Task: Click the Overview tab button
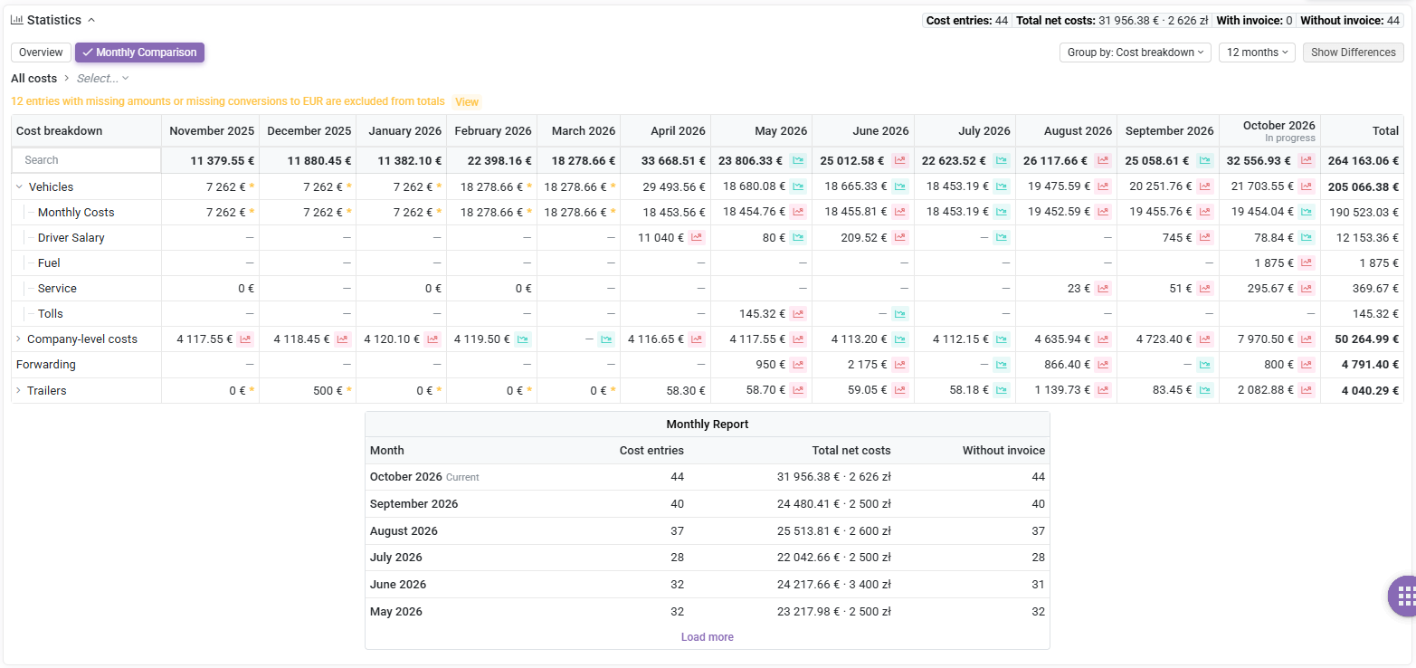click(41, 52)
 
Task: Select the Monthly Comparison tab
click(139, 52)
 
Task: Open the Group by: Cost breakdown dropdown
click(1136, 52)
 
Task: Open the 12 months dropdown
click(1258, 52)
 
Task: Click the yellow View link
click(467, 102)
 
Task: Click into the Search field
click(87, 160)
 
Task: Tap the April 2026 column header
click(678, 131)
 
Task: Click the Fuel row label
click(49, 263)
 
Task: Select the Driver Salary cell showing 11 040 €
click(660, 238)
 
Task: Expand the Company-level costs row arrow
click(18, 339)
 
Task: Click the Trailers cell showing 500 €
click(328, 390)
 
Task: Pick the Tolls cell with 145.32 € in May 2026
click(763, 314)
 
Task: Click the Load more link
click(708, 637)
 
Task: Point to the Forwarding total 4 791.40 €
click(1370, 365)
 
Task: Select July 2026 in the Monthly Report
click(395, 558)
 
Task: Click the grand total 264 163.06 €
click(1363, 161)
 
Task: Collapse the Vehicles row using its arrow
click(19, 186)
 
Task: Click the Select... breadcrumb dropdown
click(102, 79)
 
